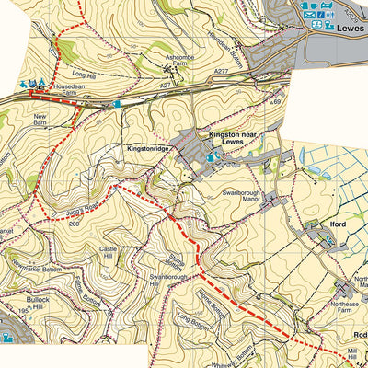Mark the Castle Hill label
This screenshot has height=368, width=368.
point(109,254)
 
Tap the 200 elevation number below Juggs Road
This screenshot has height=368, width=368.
point(73,224)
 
